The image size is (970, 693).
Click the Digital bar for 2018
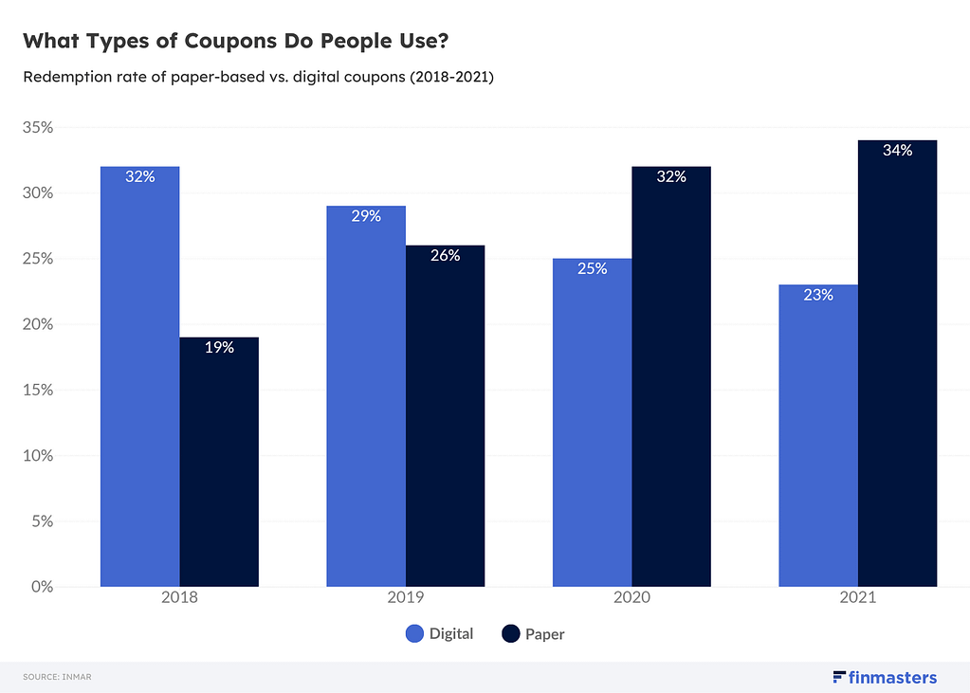click(139, 379)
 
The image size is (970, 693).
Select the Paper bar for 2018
click(219, 465)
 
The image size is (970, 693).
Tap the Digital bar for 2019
click(366, 398)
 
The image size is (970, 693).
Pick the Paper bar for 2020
click(671, 379)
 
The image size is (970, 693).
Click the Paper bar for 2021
click(897, 370)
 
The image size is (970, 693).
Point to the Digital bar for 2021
click(818, 436)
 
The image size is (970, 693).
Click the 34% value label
click(897, 151)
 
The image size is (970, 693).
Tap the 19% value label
click(219, 347)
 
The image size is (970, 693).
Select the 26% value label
click(445, 255)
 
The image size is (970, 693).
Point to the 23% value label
click(818, 295)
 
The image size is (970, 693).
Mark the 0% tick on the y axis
click(42, 587)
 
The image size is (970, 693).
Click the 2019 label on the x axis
click(406, 599)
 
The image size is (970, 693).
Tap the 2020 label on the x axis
click(631, 599)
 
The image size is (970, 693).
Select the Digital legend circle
click(414, 634)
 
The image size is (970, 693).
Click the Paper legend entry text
click(544, 634)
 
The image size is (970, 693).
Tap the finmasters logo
click(884, 677)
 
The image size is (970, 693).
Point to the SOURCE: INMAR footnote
click(57, 677)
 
